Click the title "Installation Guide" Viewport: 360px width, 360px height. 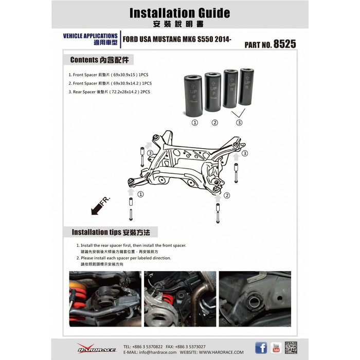179,12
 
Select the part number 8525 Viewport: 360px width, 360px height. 284,44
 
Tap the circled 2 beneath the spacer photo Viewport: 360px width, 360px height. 215,123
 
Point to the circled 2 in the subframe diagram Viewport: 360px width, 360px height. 227,195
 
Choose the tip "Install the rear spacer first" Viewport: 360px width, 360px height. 131,246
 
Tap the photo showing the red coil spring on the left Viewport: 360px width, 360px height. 105,299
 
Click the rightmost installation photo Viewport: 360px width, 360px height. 255,299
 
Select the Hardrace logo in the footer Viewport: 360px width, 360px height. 93,348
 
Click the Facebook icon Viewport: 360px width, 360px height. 261,348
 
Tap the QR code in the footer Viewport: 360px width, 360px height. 292,348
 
